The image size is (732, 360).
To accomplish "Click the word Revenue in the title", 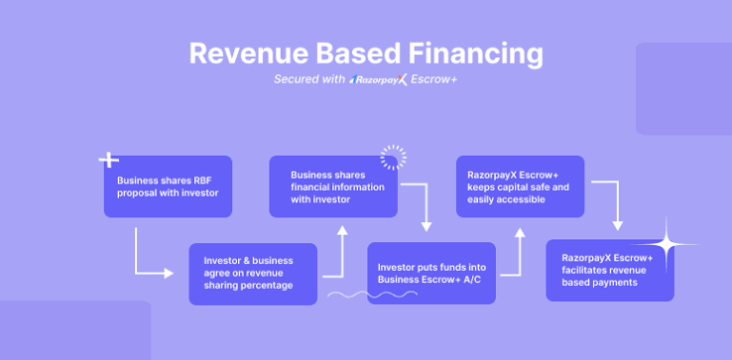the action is pos(248,54).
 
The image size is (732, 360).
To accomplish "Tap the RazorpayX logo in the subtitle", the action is pos(379,79).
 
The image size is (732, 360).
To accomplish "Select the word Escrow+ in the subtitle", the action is pos(433,79).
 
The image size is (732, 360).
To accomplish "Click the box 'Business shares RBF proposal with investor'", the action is pos(168,186).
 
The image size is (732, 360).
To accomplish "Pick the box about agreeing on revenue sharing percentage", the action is pos(253,274).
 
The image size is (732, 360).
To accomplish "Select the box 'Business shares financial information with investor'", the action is pos(333,186).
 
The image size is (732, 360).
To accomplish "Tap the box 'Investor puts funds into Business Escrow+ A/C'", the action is pos(431,273).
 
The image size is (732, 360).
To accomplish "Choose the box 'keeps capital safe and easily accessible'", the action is pos(520,186).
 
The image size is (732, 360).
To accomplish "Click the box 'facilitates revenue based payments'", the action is pos(610,271).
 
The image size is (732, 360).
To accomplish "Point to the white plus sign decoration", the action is pos(109,160).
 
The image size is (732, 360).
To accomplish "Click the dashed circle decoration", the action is pos(393,158).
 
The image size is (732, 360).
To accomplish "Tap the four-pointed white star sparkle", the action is pos(667,244).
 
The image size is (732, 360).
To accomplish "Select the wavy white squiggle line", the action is pos(373,295).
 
